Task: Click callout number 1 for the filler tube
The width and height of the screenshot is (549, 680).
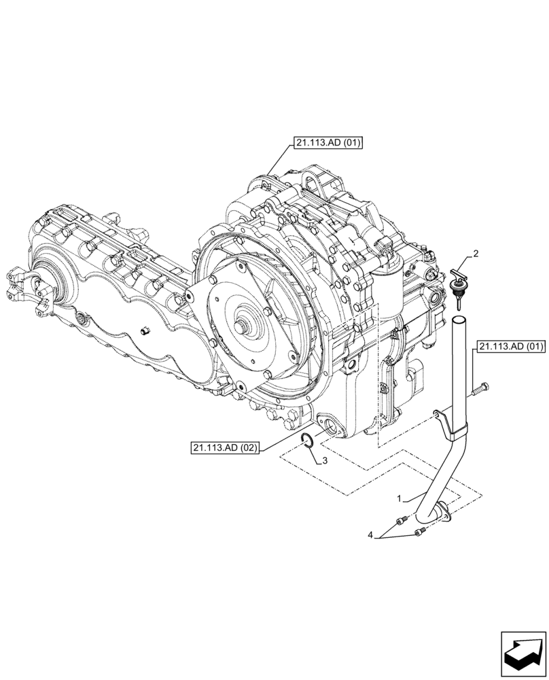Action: pos(400,498)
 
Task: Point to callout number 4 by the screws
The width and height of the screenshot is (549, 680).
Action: pos(371,536)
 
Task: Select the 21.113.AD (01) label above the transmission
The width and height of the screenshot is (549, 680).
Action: pos(329,143)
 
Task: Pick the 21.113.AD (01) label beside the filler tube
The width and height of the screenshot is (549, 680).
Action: pos(511,346)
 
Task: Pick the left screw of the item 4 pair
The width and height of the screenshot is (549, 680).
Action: pos(401,521)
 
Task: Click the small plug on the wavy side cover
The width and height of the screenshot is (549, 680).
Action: pos(145,331)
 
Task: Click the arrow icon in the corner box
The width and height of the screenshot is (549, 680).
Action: pos(523,653)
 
